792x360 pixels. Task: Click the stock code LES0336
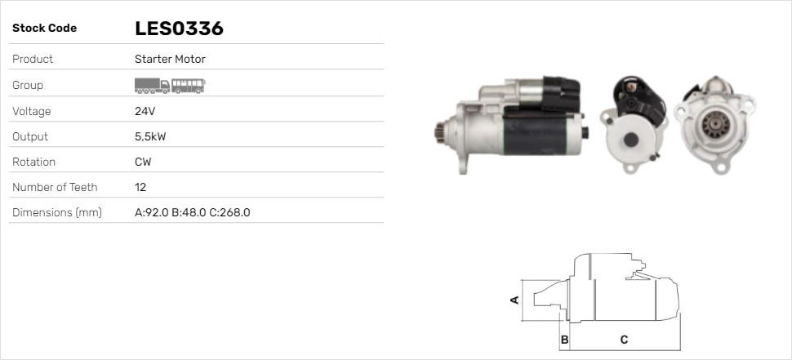pyautogui.click(x=179, y=29)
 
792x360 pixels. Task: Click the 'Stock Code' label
pyautogui.click(x=44, y=29)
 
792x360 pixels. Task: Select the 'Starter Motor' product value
pyautogui.click(x=170, y=59)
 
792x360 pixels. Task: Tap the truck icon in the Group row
pyautogui.click(x=152, y=86)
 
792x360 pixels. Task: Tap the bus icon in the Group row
pyautogui.click(x=188, y=86)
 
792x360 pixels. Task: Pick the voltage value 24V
pyautogui.click(x=145, y=111)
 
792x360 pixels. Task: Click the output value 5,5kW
pyautogui.click(x=150, y=137)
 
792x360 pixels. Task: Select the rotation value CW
pyautogui.click(x=143, y=162)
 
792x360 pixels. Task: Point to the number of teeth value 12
pyautogui.click(x=140, y=187)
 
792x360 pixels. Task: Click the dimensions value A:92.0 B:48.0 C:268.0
pyautogui.click(x=193, y=212)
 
